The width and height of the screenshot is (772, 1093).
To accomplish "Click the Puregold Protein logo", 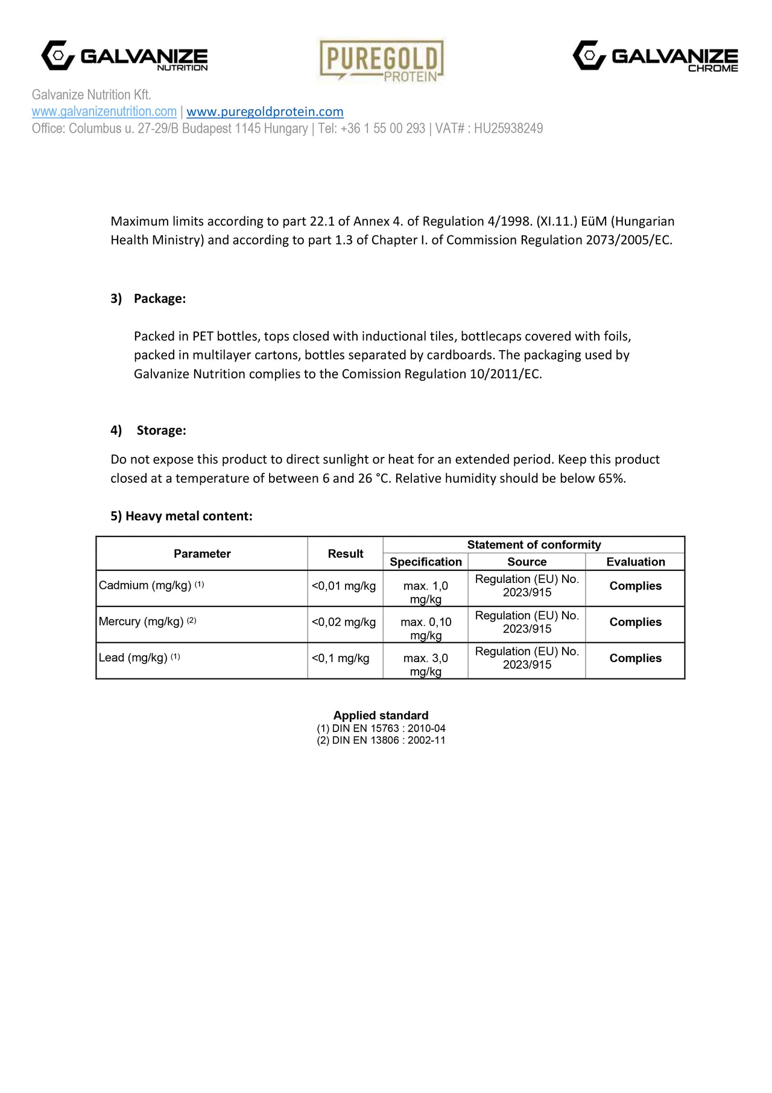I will [x=381, y=60].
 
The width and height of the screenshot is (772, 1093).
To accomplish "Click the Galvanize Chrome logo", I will [x=656, y=56].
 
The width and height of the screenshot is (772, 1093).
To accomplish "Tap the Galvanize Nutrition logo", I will [x=124, y=56].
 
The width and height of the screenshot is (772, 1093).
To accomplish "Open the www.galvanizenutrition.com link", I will [x=104, y=112].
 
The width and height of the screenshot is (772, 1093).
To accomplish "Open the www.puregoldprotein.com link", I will [x=265, y=112].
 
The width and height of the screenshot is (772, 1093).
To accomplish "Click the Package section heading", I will [x=159, y=299].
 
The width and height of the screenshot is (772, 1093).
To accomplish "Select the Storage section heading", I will [x=161, y=430].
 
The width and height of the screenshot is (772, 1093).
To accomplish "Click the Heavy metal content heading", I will [x=182, y=516].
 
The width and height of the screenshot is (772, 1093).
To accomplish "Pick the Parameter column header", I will [x=202, y=553].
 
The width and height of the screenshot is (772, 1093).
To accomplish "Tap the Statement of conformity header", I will [x=534, y=544].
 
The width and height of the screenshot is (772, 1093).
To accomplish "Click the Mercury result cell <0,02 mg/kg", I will [x=344, y=622].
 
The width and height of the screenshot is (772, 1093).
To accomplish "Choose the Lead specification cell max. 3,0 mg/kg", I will [x=426, y=664].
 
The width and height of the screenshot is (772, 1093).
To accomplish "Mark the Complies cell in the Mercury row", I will [x=635, y=622].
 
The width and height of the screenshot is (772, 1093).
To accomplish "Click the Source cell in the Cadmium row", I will [x=527, y=586].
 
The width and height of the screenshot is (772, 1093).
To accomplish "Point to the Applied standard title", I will [x=381, y=715].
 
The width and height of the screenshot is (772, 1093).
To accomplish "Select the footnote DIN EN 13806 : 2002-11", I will [x=381, y=741].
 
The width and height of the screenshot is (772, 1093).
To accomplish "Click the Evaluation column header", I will [x=636, y=562].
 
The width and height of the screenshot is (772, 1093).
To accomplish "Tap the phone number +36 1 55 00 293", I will [x=382, y=129].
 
